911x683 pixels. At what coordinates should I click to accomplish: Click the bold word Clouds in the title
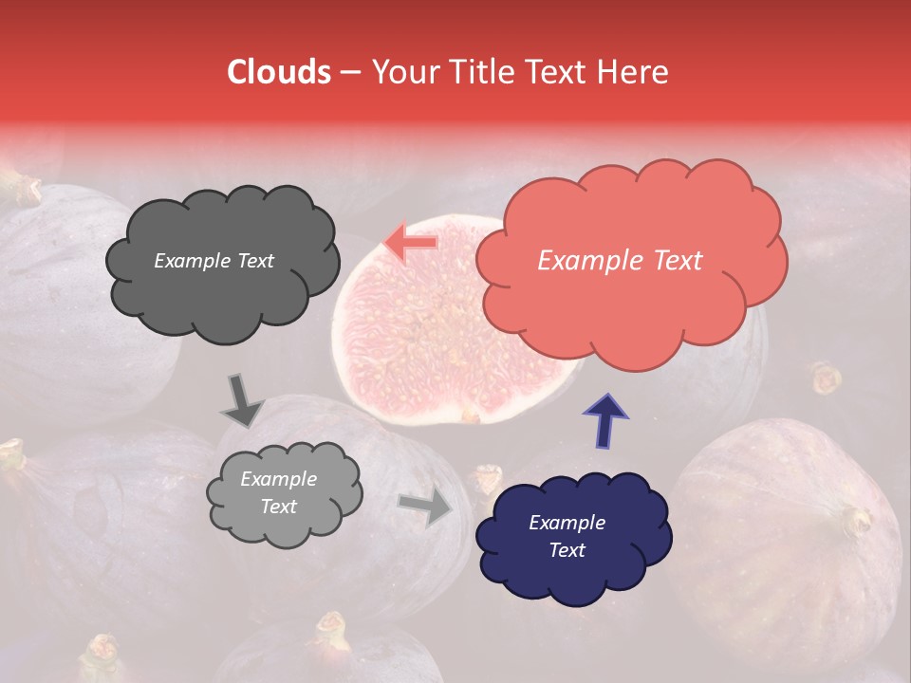pyautogui.click(x=279, y=72)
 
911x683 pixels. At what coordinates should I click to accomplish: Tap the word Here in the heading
pyautogui.click(x=632, y=72)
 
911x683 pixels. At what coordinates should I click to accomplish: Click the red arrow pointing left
pyautogui.click(x=411, y=243)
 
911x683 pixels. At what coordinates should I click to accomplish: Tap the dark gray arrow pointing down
pyautogui.click(x=242, y=401)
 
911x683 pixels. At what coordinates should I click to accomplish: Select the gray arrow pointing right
pyautogui.click(x=426, y=507)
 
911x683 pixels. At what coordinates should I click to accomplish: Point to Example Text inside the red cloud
pyautogui.click(x=620, y=260)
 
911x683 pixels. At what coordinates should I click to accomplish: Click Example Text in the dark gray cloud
pyautogui.click(x=214, y=261)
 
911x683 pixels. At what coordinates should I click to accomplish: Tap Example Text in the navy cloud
pyautogui.click(x=567, y=536)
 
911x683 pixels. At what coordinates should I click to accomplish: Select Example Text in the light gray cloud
pyautogui.click(x=278, y=492)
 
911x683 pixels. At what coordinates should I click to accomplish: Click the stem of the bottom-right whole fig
pyautogui.click(x=857, y=521)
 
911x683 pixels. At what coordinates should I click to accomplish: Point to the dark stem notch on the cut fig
pyautogui.click(x=469, y=415)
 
